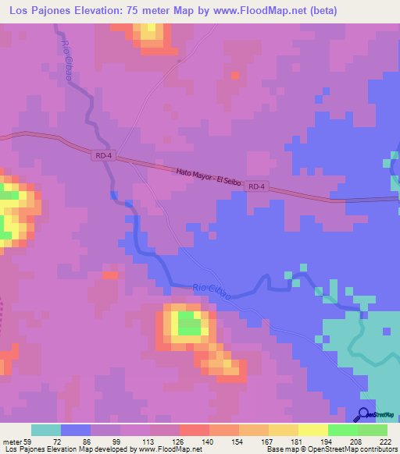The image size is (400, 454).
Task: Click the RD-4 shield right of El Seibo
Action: (x=257, y=187)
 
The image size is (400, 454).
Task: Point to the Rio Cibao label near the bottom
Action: (x=212, y=290)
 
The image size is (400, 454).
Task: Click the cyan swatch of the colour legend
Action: (x=46, y=430)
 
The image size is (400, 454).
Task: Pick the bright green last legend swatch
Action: (x=373, y=430)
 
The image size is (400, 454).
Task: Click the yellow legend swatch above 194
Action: (x=313, y=430)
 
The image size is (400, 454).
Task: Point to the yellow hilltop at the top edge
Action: (x=147, y=33)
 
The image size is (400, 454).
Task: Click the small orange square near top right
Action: (x=235, y=75)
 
